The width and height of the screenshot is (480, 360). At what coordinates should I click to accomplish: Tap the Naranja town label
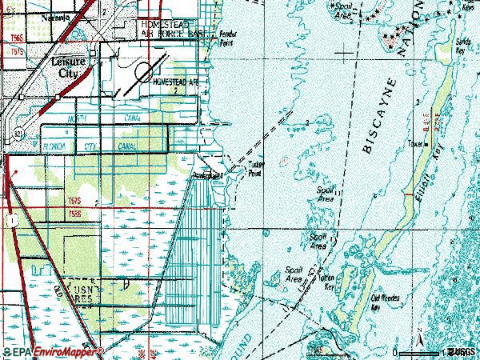pyautogui.click(x=37, y=15)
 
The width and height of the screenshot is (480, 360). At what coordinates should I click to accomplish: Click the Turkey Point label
pyautogui.click(x=254, y=170)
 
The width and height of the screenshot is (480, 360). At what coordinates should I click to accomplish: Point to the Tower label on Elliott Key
pyautogui.click(x=416, y=145)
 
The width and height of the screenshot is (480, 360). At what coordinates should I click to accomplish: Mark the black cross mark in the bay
pyautogui.click(x=345, y=53)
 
